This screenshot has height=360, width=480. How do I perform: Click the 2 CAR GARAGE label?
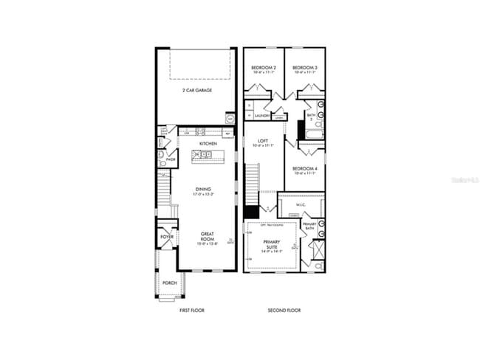pyautogui.click(x=197, y=90)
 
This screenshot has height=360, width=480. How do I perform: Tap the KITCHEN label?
pyautogui.click(x=208, y=143)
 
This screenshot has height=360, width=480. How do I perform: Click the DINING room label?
pyautogui.click(x=203, y=190)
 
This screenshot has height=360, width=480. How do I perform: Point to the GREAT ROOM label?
pyautogui.click(x=208, y=238)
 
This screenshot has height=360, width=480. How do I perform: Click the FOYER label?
pyautogui.click(x=168, y=237)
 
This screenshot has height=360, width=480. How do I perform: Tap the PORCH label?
pyautogui.click(x=169, y=283)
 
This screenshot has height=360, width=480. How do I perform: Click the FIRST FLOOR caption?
pyautogui.click(x=193, y=311)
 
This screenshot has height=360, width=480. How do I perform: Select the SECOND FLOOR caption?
pyautogui.click(x=284, y=311)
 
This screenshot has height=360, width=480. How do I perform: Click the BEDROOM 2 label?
pyautogui.click(x=264, y=69)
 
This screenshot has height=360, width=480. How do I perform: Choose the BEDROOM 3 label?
pyautogui.click(x=305, y=69)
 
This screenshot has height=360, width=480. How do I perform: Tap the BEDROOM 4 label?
pyautogui.click(x=305, y=170)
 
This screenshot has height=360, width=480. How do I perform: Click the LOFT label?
pyautogui.click(x=261, y=142)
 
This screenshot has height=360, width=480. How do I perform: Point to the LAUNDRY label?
pyautogui.click(x=262, y=116)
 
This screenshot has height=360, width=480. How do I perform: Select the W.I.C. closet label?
pyautogui.click(x=301, y=205)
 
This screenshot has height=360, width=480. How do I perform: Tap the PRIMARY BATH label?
pyautogui.click(x=309, y=226)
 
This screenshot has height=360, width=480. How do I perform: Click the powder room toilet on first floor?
pyautogui.click(x=162, y=157)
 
